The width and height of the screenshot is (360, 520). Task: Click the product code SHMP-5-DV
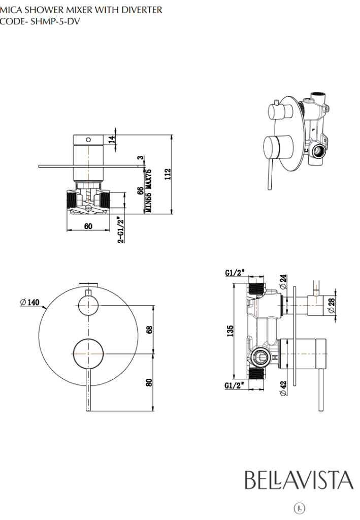52,21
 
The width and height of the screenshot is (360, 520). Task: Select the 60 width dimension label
88,226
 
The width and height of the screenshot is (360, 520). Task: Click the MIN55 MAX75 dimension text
149,191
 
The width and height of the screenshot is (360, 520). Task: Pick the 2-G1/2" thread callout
120,230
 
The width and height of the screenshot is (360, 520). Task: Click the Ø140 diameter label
30,302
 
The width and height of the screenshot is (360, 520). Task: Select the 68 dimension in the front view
149,329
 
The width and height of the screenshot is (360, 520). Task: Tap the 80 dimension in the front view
149,382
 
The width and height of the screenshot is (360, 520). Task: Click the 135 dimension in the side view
230,331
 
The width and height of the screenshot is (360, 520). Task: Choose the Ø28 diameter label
332,305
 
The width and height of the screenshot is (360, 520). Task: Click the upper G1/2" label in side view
235,273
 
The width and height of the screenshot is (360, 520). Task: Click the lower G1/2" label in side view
235,386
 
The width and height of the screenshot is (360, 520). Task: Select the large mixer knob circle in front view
88,352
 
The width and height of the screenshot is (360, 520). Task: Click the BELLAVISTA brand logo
299,480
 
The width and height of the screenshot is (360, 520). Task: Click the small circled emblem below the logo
300,507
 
